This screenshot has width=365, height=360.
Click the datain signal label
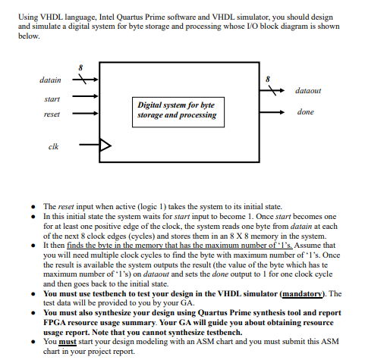(x=51, y=78)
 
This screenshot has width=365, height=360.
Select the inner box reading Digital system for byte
(x=176, y=110)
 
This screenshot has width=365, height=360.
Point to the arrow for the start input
(x=87, y=96)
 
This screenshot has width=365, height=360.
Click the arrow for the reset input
(x=87, y=114)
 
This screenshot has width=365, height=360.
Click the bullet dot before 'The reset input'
(x=36, y=207)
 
